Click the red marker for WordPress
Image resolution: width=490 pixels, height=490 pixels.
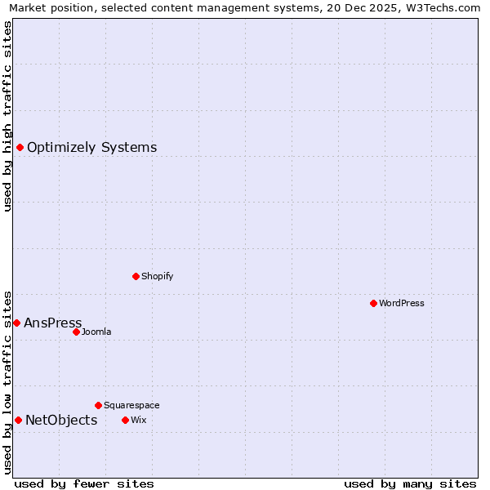(x=373, y=303)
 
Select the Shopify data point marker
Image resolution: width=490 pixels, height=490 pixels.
(x=136, y=276)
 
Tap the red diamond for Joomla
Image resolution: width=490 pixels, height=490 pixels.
(x=76, y=332)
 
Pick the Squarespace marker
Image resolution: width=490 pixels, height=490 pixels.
(x=98, y=405)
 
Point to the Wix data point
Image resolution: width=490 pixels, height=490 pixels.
(x=125, y=420)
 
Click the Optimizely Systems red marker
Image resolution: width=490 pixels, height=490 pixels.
(x=20, y=147)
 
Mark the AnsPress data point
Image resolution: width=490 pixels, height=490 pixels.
(x=16, y=323)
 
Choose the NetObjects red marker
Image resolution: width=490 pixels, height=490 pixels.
(x=18, y=420)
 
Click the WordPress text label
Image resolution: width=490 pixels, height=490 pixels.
(x=402, y=303)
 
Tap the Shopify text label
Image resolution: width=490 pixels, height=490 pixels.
(x=158, y=276)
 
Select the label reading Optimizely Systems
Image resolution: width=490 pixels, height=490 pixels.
(x=92, y=147)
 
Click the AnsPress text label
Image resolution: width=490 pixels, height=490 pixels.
(x=53, y=323)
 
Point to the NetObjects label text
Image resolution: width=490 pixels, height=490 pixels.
(x=61, y=420)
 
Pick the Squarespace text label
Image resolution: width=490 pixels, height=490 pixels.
(x=131, y=405)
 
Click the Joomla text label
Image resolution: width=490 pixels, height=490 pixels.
(x=96, y=332)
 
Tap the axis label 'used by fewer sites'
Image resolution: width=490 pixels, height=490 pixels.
(x=84, y=483)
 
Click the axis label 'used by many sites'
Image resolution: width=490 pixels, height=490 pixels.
(x=410, y=483)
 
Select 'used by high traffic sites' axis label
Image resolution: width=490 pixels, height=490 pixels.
(x=8, y=116)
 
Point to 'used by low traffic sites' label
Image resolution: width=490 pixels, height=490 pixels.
(x=8, y=381)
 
